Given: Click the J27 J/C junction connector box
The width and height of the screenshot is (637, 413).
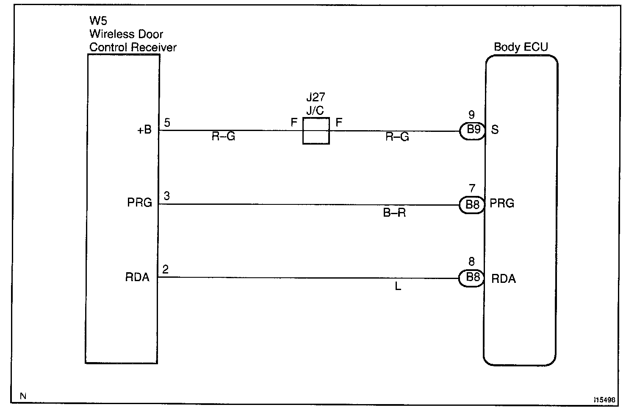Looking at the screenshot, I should click(x=316, y=131).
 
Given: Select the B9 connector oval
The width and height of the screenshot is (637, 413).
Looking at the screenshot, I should click(x=473, y=130).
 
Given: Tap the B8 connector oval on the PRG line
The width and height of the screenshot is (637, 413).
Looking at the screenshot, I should click(x=472, y=205).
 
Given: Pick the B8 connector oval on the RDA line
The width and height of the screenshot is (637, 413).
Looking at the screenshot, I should click(x=472, y=278).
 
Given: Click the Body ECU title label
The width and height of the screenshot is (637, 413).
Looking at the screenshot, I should click(x=521, y=47).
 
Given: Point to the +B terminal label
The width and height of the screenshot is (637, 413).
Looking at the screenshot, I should click(x=144, y=130).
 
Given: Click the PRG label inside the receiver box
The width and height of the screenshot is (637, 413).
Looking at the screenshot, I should click(x=139, y=203).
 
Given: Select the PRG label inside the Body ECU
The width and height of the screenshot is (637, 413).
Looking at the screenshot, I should click(x=502, y=204).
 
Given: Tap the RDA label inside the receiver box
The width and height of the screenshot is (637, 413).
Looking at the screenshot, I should click(x=138, y=278).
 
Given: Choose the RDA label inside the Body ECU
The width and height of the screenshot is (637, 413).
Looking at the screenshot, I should click(x=504, y=279).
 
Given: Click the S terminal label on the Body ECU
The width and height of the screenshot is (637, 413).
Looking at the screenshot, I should click(x=495, y=130).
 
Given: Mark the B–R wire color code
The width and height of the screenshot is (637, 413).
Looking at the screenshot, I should click(x=394, y=213).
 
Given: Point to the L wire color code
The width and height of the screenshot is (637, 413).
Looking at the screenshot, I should click(x=398, y=287).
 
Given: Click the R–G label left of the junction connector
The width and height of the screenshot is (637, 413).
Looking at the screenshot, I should click(x=223, y=137).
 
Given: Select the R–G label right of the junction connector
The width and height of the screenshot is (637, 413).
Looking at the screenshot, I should click(x=397, y=137).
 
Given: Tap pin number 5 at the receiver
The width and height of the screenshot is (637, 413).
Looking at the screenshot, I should click(x=167, y=123).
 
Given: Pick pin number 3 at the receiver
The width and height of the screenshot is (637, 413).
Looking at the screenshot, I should click(x=167, y=196).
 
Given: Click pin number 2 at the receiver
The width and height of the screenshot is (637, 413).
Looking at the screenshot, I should click(x=166, y=269).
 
